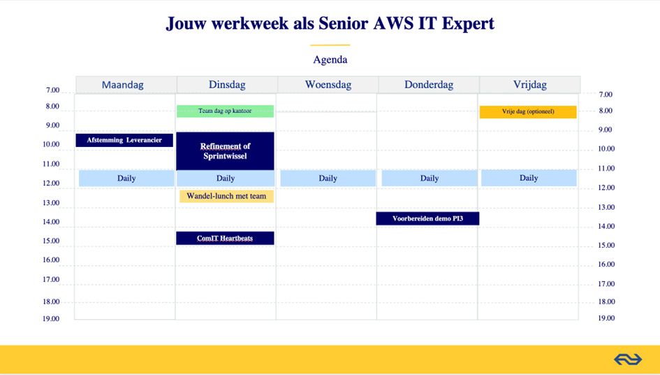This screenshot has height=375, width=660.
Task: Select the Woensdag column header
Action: pos(328,85)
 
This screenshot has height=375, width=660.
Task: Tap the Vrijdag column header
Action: pos(529,85)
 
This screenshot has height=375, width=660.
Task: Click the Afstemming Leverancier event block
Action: pos(124,140)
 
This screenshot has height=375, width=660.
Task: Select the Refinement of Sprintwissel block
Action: pos(225,151)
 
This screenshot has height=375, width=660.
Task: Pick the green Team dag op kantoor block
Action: pos(225,111)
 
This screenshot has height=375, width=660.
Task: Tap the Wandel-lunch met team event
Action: pos(226,196)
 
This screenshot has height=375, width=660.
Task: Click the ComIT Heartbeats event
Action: pos(225,238)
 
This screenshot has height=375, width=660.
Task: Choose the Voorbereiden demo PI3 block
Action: pos(427,218)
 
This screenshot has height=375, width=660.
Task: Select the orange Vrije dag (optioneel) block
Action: pos(528,112)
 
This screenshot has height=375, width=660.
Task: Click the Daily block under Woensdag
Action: pos(328,178)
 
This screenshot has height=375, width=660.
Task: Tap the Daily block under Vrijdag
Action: pos(529,178)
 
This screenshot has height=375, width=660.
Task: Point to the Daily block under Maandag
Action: pos(126,178)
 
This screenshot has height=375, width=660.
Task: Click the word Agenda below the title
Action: pos(330,59)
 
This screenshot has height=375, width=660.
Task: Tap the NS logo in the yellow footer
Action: pos(628,360)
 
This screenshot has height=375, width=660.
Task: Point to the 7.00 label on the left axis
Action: pos(52,90)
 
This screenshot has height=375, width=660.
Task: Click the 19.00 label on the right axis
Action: pos(606,318)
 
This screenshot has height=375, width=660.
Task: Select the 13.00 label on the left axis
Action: pos(51,203)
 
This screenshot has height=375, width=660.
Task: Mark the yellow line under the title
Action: pos(330,45)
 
